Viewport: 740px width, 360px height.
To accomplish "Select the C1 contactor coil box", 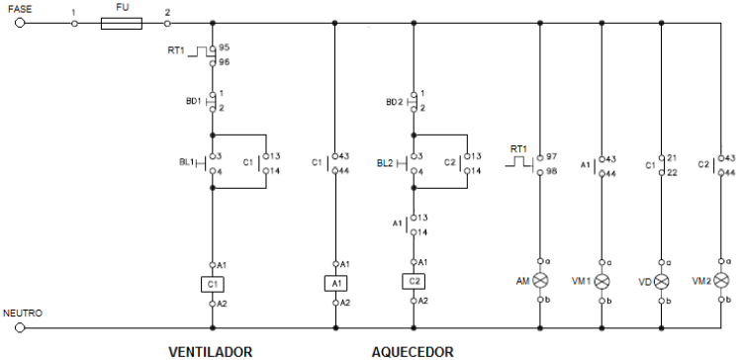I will coord(213,284).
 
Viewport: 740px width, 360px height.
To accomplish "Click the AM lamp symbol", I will coord(540,280).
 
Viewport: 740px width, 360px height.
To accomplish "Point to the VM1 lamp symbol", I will coord(601,280).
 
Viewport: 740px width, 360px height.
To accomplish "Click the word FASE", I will coord(20,6).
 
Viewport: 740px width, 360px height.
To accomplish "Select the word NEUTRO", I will coord(21,313).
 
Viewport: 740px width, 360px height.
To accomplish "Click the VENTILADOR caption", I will coord(211,351).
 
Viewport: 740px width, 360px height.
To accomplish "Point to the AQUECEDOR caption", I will coord(413,351).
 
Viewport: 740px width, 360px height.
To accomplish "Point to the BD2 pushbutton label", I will coord(394,101).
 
